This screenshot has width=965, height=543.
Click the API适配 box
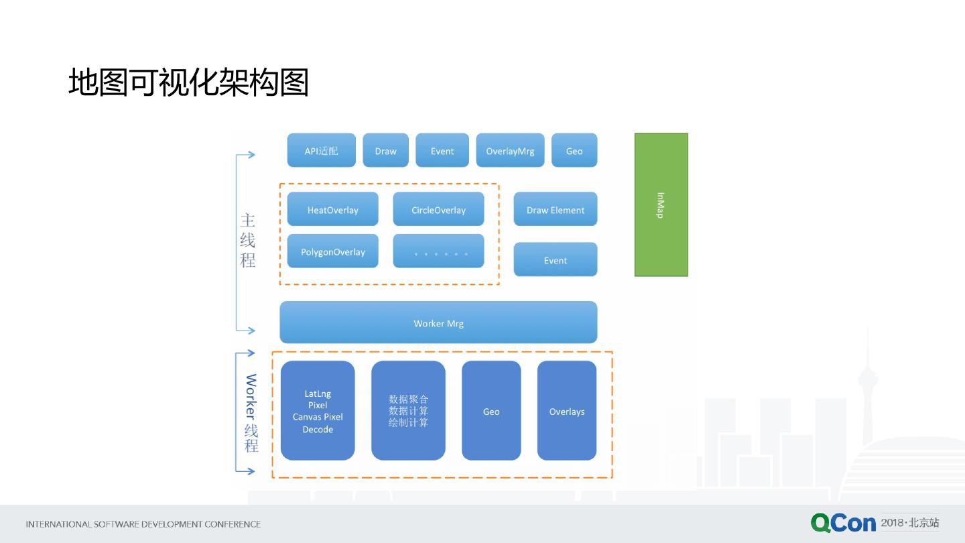click(x=321, y=151)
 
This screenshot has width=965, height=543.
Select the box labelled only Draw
click(x=385, y=151)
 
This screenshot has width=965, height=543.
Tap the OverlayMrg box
click(x=510, y=151)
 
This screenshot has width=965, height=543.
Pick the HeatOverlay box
click(x=332, y=210)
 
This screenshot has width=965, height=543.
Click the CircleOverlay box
click(x=438, y=210)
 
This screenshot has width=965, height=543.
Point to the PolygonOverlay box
click(x=332, y=251)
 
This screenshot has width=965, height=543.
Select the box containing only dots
click(x=438, y=251)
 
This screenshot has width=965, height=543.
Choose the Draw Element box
click(x=555, y=210)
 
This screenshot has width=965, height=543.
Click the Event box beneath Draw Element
click(x=555, y=260)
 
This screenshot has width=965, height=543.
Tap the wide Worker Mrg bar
click(x=438, y=323)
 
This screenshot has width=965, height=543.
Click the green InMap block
click(x=661, y=204)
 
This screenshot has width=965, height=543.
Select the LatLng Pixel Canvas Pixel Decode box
click(x=318, y=411)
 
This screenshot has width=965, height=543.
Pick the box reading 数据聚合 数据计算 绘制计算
click(x=408, y=411)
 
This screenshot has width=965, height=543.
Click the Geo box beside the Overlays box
click(x=491, y=411)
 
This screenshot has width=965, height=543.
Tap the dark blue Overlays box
click(x=567, y=411)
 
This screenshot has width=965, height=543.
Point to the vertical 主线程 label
click(x=248, y=240)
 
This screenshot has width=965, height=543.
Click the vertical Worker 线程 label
click(x=251, y=413)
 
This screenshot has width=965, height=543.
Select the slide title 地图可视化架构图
click(x=188, y=82)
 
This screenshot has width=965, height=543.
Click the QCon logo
click(x=843, y=523)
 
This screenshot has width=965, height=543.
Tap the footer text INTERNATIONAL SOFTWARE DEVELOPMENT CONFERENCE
click(x=143, y=524)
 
